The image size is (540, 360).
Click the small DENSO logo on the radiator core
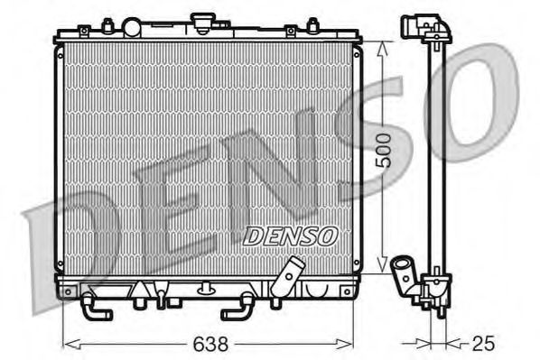point(291,235)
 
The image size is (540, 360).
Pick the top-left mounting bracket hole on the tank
point(84,32)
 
